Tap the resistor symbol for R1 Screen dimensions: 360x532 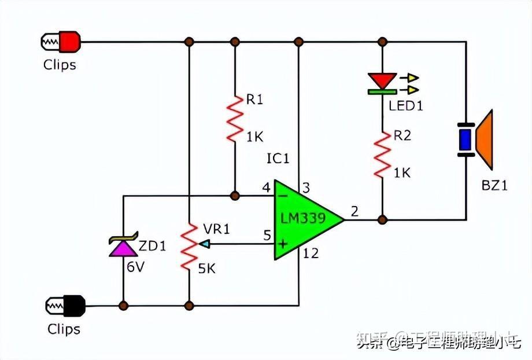pyautogui.click(x=235, y=119)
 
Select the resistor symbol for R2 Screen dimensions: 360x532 pyautogui.click(x=382, y=153)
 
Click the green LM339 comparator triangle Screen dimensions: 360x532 pyautogui.click(x=304, y=219)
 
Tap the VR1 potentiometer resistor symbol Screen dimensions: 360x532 pyautogui.click(x=189, y=248)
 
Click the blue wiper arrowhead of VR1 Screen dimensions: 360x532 pyautogui.click(x=203, y=244)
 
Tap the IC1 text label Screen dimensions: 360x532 pyautogui.click(x=278, y=158)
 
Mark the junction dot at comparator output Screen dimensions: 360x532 pyautogui.click(x=382, y=219)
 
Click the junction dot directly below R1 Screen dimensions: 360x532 pyautogui.click(x=235, y=196)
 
